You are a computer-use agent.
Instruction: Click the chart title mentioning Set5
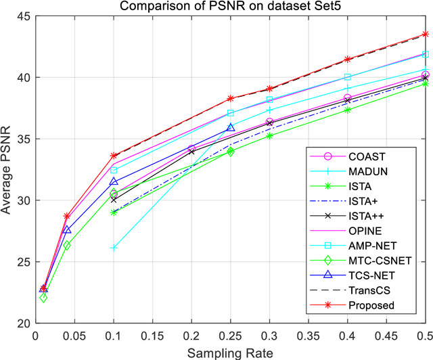coord(230,7)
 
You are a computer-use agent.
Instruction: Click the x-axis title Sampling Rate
coord(230,352)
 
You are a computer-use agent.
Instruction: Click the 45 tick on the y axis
coord(23,16)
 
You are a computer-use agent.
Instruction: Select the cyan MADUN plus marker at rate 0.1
coord(114,248)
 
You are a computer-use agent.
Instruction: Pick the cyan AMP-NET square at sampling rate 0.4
coord(348,77)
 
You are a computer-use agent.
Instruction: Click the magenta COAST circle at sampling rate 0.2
coord(191,149)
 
